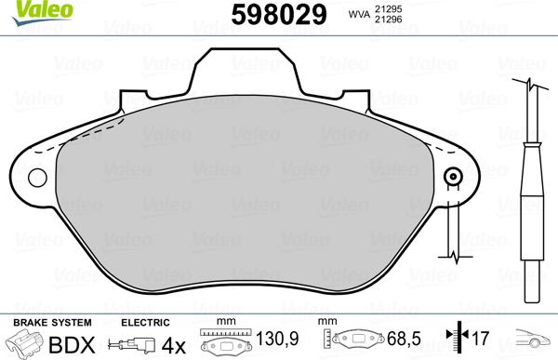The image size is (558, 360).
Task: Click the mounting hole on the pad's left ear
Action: [38, 178]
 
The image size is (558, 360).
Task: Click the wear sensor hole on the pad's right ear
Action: [454, 178]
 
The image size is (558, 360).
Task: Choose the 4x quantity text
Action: [173, 344]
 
